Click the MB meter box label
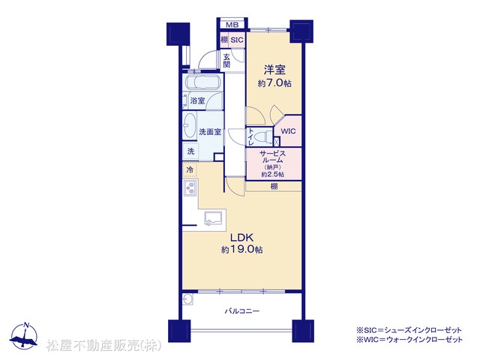(x=232, y=25)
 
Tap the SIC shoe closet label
(x=237, y=40)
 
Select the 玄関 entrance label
(x=226, y=61)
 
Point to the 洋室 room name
(x=274, y=70)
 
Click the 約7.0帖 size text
(x=274, y=83)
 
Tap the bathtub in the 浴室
(x=202, y=82)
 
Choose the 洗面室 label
(x=210, y=132)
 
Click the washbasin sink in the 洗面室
(x=190, y=126)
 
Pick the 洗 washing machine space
(x=190, y=151)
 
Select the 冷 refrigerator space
(x=190, y=169)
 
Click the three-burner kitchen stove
(x=190, y=187)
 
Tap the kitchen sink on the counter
(x=214, y=218)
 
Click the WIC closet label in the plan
(x=288, y=131)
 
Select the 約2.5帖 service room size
(x=272, y=175)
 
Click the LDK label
(x=241, y=237)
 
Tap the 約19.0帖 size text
(x=241, y=250)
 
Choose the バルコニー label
(x=242, y=311)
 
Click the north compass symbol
(x=23, y=335)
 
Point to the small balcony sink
(x=187, y=299)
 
